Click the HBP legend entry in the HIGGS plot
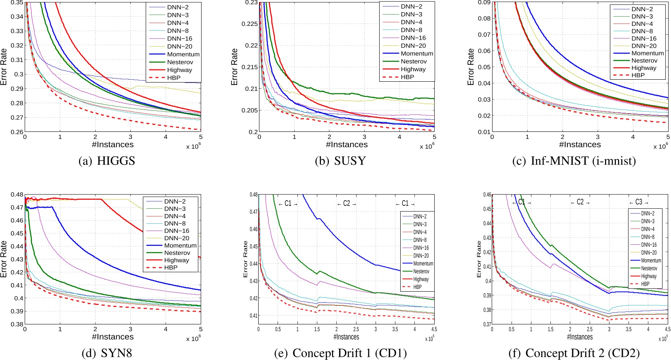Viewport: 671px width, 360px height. coord(174,78)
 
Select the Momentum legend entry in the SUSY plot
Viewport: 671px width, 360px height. coord(417,53)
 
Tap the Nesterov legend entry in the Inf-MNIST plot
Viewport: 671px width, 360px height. coord(644,60)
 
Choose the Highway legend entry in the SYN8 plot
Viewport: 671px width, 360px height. coord(176,260)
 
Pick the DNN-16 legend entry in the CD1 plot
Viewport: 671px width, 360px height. coord(421,248)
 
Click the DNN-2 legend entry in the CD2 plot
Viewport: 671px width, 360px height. coord(648,213)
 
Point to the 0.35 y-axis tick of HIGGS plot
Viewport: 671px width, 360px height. coord(17,2)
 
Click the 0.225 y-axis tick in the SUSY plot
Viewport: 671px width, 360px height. coord(249,24)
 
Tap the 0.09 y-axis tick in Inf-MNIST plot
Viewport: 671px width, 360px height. coord(484,2)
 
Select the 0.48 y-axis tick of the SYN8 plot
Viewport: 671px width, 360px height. coord(17,195)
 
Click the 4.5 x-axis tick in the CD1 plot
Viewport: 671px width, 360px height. coord(434,329)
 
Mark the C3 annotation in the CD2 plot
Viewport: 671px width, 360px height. coord(639,202)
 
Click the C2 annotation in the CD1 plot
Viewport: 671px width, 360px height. coord(346,203)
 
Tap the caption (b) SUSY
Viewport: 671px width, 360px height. coord(340,161)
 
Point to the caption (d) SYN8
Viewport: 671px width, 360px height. coord(107,353)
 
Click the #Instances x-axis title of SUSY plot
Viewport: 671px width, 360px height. coord(347,144)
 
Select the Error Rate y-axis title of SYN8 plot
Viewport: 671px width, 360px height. coord(4,259)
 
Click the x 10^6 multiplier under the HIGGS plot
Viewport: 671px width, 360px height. coord(193,146)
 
